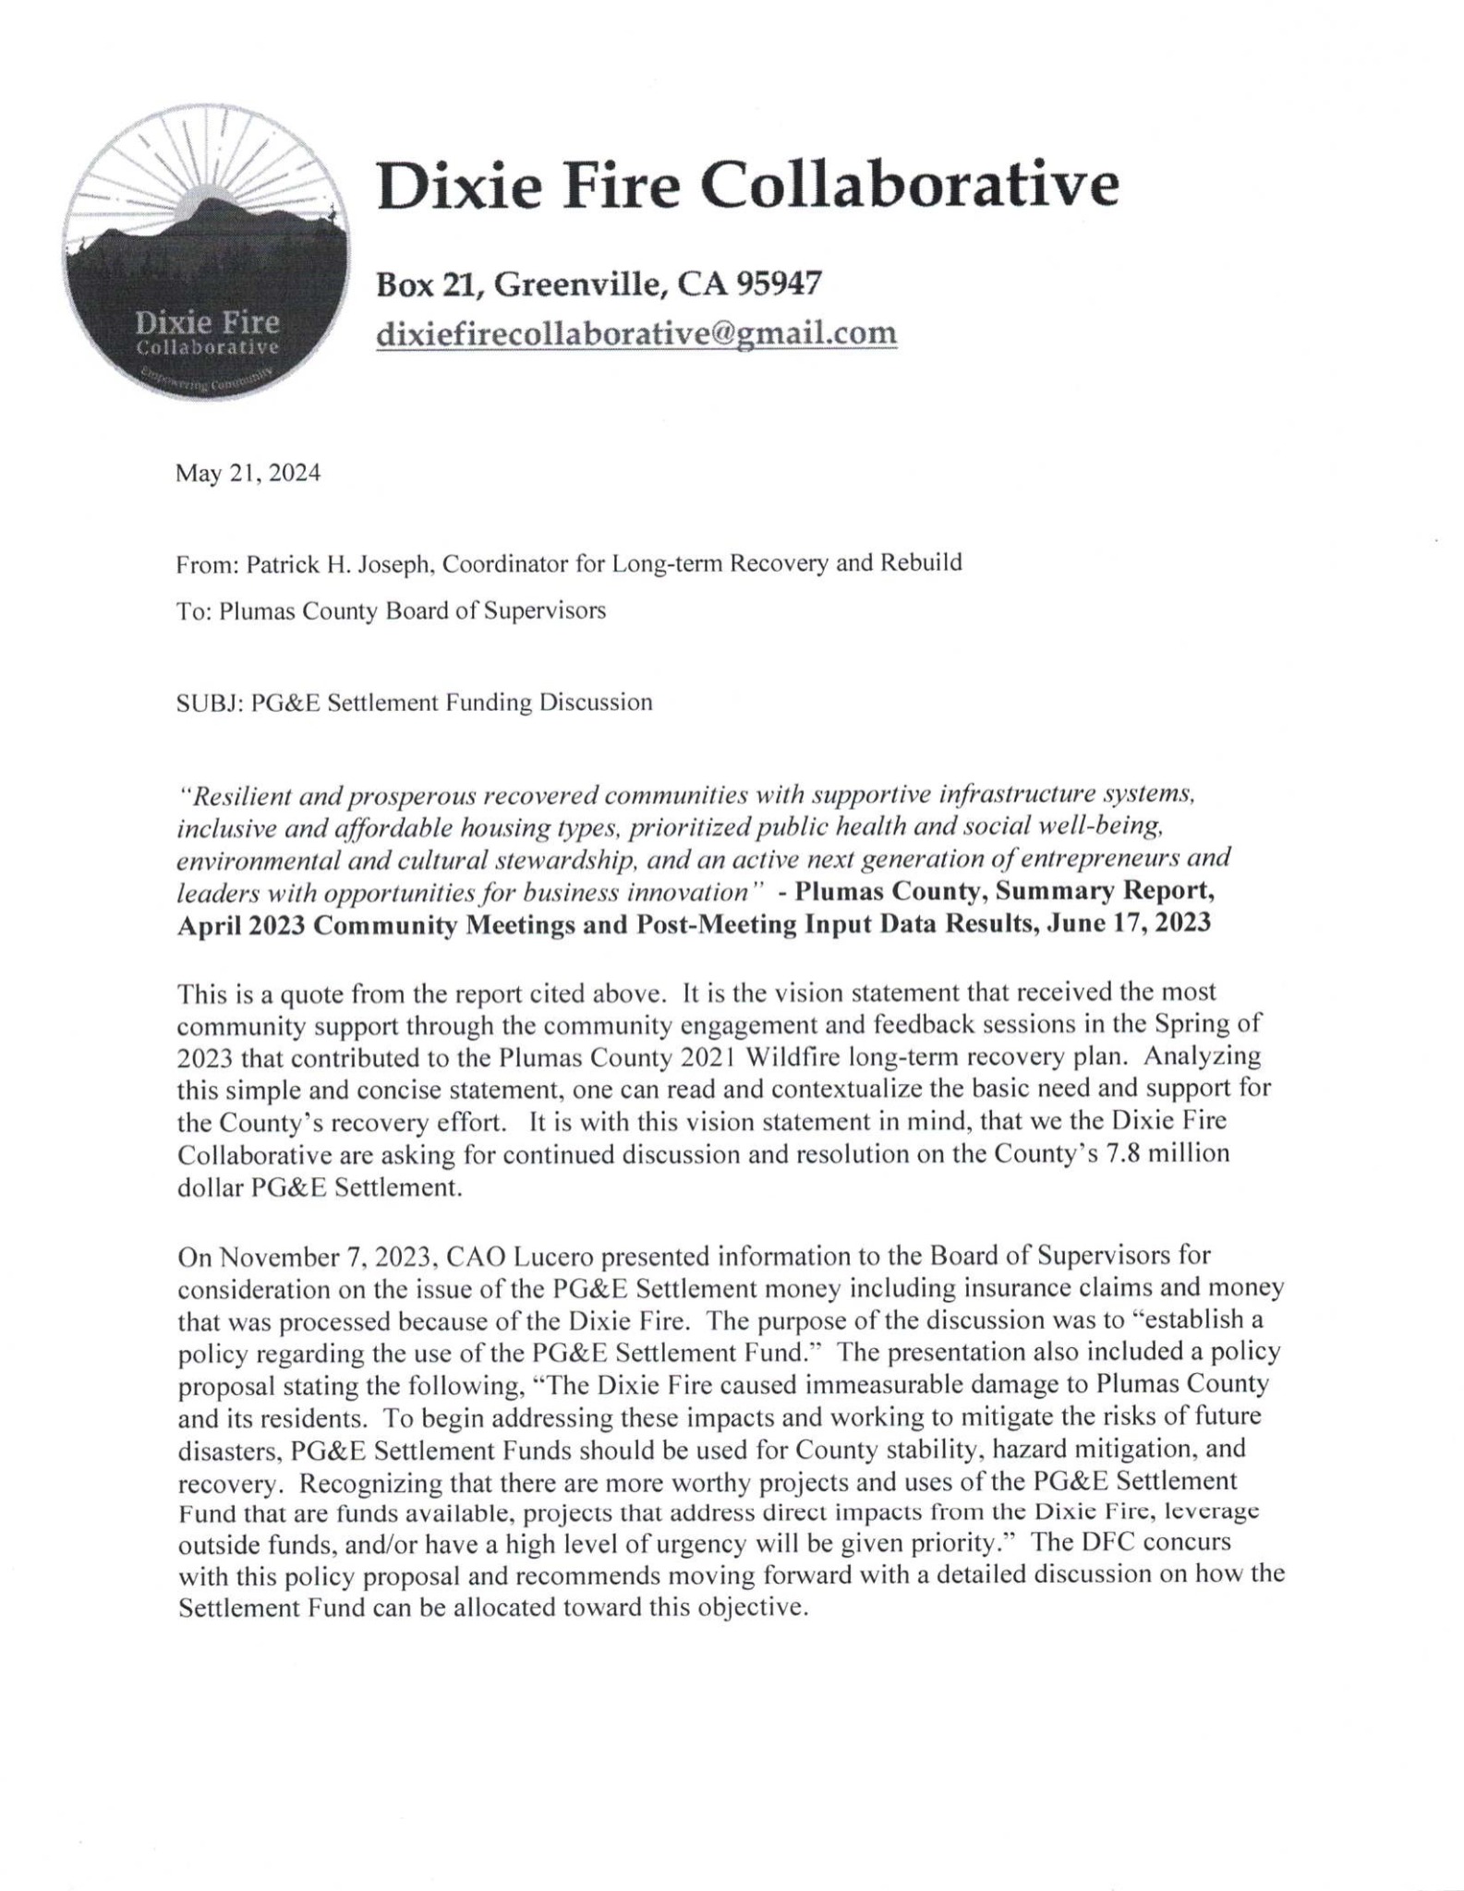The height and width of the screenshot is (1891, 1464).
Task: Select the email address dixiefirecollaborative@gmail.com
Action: pyautogui.click(x=636, y=331)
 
